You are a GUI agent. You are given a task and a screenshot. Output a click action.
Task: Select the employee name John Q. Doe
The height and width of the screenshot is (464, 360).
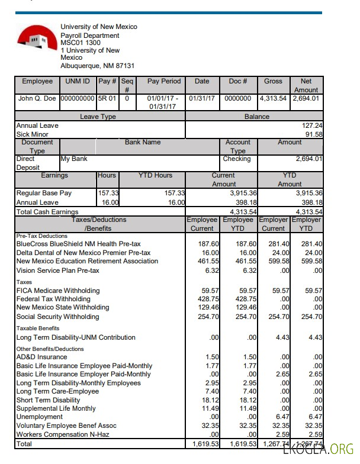pos(37,98)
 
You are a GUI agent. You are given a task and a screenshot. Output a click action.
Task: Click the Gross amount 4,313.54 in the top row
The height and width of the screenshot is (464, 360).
pos(273,98)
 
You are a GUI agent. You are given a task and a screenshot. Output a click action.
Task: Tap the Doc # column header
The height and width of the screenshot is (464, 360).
pos(237,81)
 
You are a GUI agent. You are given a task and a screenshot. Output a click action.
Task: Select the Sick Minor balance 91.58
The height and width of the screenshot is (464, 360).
pos(313,134)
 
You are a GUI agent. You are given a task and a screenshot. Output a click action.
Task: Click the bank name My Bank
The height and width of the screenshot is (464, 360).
pos(74,159)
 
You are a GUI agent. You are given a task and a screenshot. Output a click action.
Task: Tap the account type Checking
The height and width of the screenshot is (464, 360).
pos(237,159)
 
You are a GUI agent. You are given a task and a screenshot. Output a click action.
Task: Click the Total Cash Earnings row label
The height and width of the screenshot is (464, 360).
pos(47,212)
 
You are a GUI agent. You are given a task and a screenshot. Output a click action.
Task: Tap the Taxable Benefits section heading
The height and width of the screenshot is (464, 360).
pos(38,328)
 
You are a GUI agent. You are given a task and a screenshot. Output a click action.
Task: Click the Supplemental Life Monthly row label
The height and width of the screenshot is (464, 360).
pos(56,409)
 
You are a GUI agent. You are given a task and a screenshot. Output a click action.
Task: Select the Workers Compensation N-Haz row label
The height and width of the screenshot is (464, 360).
pos(66,435)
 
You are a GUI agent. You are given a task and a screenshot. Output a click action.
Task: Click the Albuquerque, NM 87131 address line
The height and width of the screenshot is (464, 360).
pos(97,66)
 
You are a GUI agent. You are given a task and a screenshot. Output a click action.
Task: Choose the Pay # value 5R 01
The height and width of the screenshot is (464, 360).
pos(107,98)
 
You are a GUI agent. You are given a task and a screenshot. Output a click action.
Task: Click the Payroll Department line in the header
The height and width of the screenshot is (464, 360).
pos(89,36)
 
